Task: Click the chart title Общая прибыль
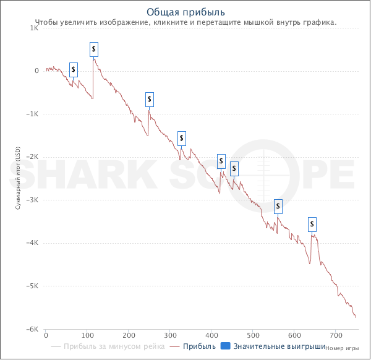pos(185,12)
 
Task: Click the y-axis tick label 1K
pos(35,28)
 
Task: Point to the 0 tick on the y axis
pos(36,71)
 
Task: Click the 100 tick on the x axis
pos(87,336)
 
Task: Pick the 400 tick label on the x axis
pos(211,336)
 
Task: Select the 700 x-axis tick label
pos(335,336)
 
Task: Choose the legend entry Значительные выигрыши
pos(273,346)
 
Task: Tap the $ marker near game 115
pos(93,48)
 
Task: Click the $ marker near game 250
pos(149,99)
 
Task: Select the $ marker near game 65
pos(74,69)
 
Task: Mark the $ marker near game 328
pos(182,138)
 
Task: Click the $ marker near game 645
pos(312,223)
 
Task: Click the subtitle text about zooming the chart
pos(185,22)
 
